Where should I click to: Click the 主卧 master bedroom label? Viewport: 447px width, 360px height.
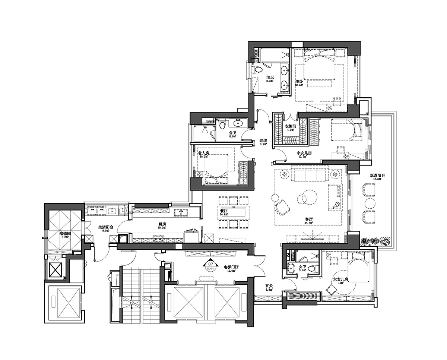pyautogui.click(x=299, y=81)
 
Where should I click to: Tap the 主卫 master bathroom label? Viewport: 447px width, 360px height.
pyautogui.click(x=269, y=77)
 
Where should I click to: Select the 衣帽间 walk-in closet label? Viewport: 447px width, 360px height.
pyautogui.click(x=290, y=127)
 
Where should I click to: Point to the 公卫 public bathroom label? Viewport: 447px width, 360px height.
pyautogui.click(x=233, y=133)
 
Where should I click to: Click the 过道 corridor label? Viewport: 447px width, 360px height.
pyautogui.click(x=263, y=141)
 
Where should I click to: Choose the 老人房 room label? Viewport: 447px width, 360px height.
pyautogui.click(x=203, y=153)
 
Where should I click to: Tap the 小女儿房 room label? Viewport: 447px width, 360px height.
pyautogui.click(x=304, y=153)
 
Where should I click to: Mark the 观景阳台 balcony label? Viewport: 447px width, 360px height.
pyautogui.click(x=377, y=175)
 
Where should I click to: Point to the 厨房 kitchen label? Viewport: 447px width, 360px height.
pyautogui.click(x=162, y=224)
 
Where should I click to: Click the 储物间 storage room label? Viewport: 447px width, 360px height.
pyautogui.click(x=65, y=234)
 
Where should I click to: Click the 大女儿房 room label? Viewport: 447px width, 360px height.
pyautogui.click(x=340, y=279)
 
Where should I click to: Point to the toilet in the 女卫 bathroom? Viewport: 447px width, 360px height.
pyautogui.click(x=315, y=268)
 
